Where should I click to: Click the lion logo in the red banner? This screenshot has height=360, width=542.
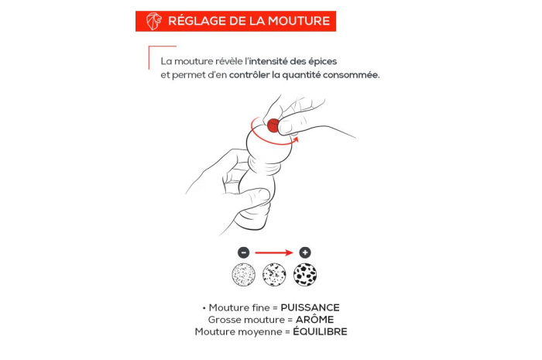pos(154,21)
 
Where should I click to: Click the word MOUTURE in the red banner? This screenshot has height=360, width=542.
pos(299,21)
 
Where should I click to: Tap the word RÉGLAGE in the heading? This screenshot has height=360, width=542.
pos(197,21)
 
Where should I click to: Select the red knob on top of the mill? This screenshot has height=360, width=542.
pos(273,125)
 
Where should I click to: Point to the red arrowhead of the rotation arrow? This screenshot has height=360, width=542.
pos(295,139)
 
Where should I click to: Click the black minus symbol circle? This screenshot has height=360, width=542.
pos(244,252)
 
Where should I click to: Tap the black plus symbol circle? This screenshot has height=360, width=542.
pos(305,252)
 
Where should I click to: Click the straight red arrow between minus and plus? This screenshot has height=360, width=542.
pos(274,253)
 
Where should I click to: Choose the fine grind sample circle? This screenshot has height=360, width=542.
pos(244,275)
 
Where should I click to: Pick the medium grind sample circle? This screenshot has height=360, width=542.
pos(274,275)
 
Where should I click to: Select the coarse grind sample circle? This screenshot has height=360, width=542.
pos(305,275)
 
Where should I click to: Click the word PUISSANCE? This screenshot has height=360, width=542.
pos(310,307)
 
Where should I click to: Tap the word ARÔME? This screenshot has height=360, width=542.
pos(314,320)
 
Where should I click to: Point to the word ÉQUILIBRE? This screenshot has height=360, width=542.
pos(320,331)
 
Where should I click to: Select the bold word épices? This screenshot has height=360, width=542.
pos(322,62)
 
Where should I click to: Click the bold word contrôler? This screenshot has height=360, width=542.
pos(249,75)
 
